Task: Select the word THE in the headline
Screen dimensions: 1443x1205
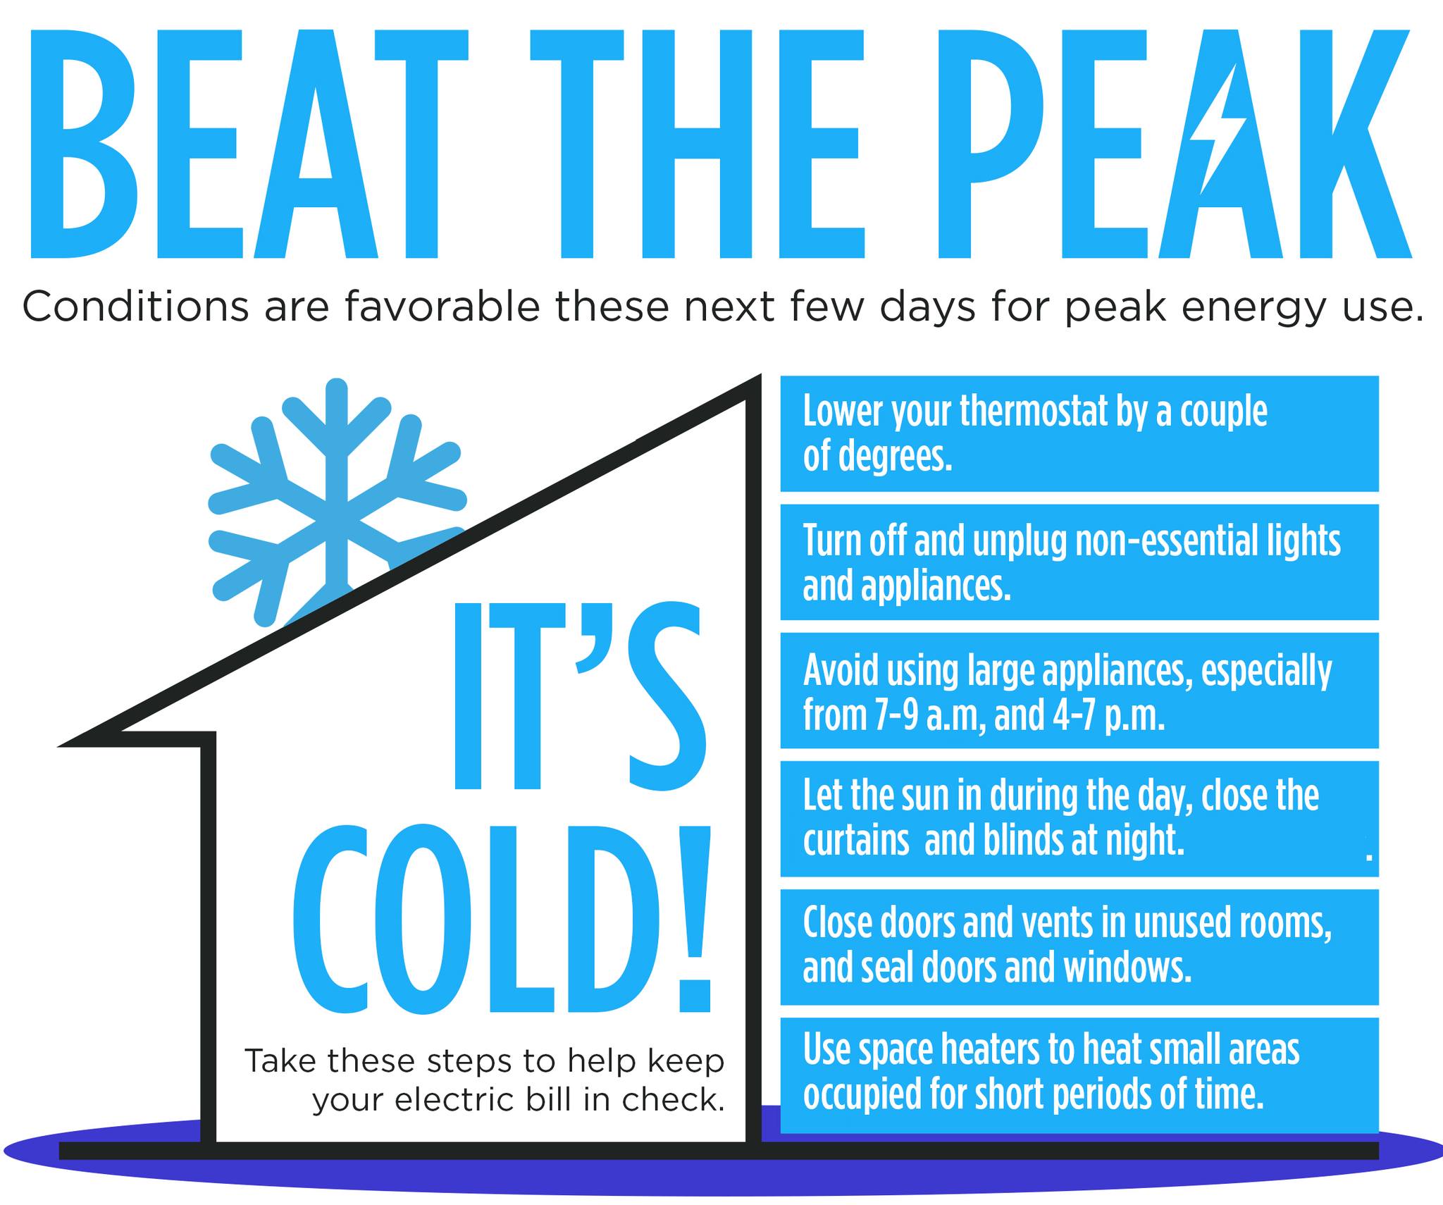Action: [x=698, y=144]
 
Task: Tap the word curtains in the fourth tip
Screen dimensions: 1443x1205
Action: [x=856, y=840]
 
